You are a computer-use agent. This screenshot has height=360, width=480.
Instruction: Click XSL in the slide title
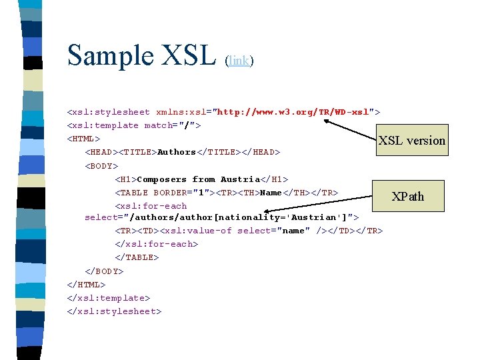click(189, 55)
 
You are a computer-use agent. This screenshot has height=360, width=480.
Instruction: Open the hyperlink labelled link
click(239, 61)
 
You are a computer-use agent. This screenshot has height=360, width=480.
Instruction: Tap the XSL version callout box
click(411, 140)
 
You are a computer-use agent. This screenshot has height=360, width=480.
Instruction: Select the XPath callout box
click(407, 196)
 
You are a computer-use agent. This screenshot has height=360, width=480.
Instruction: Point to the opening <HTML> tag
click(83, 139)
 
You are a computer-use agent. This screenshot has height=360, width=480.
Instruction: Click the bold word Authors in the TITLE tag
click(177, 152)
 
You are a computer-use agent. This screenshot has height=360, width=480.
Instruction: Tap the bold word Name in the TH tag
click(271, 193)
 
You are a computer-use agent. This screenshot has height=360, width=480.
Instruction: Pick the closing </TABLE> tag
click(137, 257)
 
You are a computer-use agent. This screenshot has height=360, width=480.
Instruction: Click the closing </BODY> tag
click(104, 271)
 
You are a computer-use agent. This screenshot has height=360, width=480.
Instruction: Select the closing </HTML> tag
click(86, 285)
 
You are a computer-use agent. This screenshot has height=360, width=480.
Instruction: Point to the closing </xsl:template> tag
click(109, 298)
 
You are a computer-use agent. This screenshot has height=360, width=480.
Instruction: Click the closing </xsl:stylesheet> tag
click(114, 311)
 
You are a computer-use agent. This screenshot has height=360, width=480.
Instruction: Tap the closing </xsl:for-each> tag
click(157, 244)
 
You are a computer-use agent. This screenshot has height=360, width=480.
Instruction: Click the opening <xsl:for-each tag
click(151, 206)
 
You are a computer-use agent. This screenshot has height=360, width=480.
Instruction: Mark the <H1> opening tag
click(125, 179)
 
